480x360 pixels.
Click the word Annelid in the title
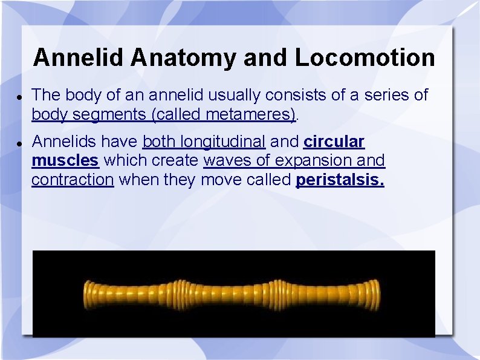click(x=79, y=58)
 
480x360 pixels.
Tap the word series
click(x=378, y=95)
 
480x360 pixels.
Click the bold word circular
click(x=334, y=142)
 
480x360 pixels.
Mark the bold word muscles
click(x=65, y=161)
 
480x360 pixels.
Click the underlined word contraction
click(x=72, y=180)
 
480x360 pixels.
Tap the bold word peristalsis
click(x=340, y=180)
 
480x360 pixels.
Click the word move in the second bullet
click(x=221, y=180)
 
